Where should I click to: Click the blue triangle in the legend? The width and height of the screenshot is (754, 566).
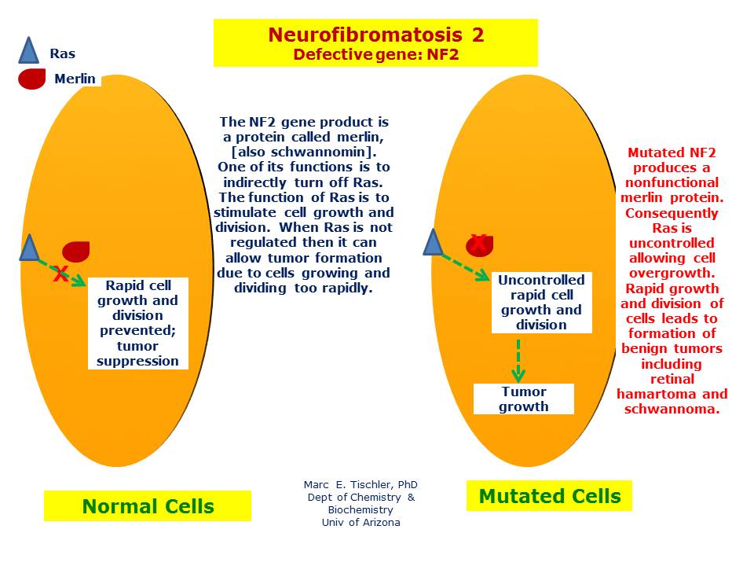pyautogui.click(x=28, y=51)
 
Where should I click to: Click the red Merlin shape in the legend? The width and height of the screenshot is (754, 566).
pyautogui.click(x=32, y=79)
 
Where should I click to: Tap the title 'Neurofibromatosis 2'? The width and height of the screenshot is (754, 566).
pyautogui.click(x=375, y=35)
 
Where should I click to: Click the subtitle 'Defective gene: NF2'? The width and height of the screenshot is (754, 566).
pyautogui.click(x=375, y=54)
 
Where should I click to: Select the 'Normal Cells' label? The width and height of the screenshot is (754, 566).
pyautogui.click(x=148, y=506)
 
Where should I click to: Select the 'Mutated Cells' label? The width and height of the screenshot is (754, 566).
pyautogui.click(x=549, y=496)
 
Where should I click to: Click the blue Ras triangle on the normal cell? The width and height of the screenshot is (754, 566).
pyautogui.click(x=29, y=248)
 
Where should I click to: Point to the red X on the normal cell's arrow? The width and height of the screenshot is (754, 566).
pyautogui.click(x=60, y=274)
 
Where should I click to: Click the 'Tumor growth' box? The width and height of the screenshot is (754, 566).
pyautogui.click(x=524, y=399)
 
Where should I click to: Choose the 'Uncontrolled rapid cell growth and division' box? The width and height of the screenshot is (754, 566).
pyautogui.click(x=541, y=303)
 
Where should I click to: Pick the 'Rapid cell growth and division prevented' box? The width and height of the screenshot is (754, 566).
pyautogui.click(x=138, y=323)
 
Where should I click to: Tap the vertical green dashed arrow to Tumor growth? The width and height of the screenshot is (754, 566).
pyautogui.click(x=518, y=359)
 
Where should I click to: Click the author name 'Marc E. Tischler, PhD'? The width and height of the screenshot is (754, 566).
pyautogui.click(x=361, y=485)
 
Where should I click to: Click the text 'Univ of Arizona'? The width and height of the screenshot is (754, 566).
pyautogui.click(x=361, y=523)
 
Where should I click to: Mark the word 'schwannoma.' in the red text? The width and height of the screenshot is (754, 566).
pyautogui.click(x=672, y=409)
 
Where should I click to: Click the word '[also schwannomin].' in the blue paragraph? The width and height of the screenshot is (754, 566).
pyautogui.click(x=304, y=152)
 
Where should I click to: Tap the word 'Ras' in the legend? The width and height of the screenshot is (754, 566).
pyautogui.click(x=63, y=54)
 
